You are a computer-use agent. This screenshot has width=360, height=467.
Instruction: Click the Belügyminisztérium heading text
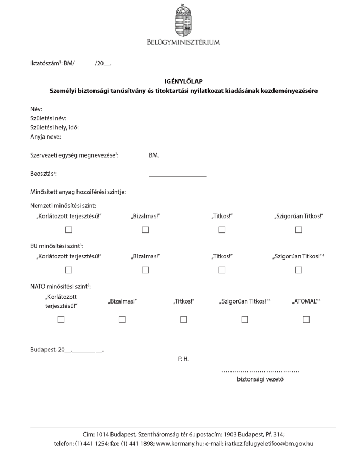[x=183, y=42]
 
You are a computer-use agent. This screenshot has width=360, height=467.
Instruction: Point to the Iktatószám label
[x=45, y=64]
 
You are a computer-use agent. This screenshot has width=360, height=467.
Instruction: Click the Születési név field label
[x=48, y=118]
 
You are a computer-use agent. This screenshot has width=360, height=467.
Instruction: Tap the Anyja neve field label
[x=46, y=137]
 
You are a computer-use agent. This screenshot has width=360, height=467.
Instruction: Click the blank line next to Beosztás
[x=177, y=175]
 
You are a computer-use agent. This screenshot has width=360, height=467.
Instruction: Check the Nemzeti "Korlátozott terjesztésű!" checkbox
[x=68, y=230]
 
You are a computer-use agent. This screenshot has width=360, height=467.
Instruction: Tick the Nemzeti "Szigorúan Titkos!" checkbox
[x=298, y=230]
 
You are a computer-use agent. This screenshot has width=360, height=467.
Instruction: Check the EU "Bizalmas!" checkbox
[x=145, y=270]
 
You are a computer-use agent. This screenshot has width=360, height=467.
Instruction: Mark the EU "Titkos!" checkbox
[x=222, y=270]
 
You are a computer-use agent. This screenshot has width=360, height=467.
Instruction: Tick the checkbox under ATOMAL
[x=306, y=319]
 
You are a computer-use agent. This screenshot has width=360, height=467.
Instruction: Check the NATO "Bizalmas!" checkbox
[x=122, y=319]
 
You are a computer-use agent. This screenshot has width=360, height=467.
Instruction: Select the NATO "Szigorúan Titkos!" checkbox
[x=245, y=319]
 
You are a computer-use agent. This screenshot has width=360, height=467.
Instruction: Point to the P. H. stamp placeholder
[x=183, y=359]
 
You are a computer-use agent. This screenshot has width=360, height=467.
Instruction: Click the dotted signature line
[x=260, y=371]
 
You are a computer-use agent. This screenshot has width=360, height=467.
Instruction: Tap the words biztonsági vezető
[x=260, y=379]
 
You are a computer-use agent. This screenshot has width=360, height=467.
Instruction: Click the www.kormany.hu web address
[x=178, y=443]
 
